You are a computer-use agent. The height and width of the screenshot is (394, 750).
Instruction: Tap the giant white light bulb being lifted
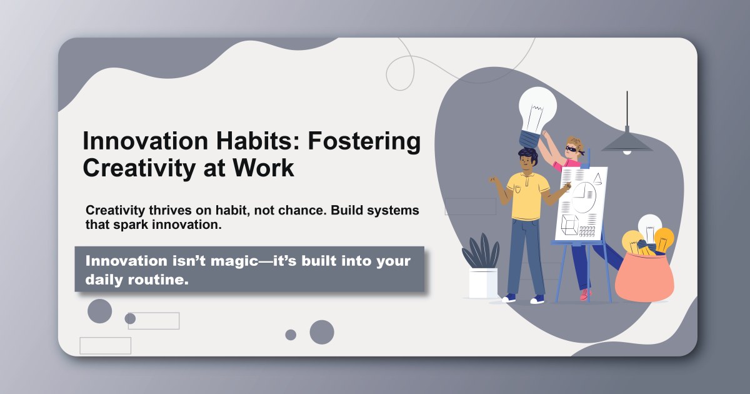(537, 109)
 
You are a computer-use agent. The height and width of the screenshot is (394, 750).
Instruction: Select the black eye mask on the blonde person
(572, 149)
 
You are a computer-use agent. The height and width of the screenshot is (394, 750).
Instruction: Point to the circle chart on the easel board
(584, 195)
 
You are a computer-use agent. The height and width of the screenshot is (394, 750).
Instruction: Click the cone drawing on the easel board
(597, 179)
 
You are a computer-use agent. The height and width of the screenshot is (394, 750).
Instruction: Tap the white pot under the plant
(483, 283)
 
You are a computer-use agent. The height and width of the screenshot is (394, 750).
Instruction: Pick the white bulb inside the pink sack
(650, 226)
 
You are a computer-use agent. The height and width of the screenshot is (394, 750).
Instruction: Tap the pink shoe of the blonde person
(585, 294)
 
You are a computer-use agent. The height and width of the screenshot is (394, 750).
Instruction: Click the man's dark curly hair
(526, 154)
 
